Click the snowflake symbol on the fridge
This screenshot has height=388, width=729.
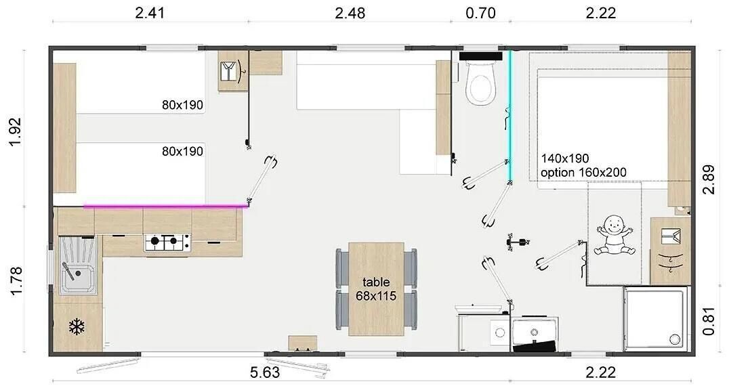[77, 326]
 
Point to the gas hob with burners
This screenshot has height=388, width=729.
[167, 242]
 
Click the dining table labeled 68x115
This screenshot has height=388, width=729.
[376, 288]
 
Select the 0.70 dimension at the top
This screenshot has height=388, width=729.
[481, 13]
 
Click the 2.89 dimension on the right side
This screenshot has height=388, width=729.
[709, 179]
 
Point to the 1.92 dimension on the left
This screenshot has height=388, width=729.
[15, 131]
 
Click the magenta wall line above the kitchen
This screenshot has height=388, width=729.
[165, 206]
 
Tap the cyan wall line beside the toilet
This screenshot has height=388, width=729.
[509, 116]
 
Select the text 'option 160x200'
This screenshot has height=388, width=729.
[583, 173]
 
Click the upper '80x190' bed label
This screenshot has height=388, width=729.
[182, 105]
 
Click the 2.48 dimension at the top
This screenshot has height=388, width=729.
[350, 13]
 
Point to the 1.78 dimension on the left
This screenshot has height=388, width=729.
[15, 280]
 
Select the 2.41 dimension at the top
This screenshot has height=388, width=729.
[150, 13]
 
